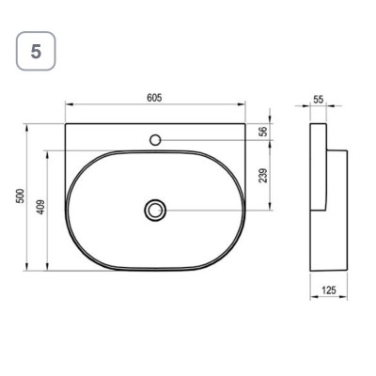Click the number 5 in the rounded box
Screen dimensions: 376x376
pos(36,52)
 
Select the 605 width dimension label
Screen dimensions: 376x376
pos(154,98)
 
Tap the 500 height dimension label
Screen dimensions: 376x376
pos(20,196)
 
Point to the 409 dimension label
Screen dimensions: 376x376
pos(40,207)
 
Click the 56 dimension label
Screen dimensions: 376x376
pos(264,132)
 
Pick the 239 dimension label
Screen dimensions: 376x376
pos(264,176)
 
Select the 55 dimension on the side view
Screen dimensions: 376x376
pos(318,100)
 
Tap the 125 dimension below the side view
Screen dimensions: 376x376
pos(329,290)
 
